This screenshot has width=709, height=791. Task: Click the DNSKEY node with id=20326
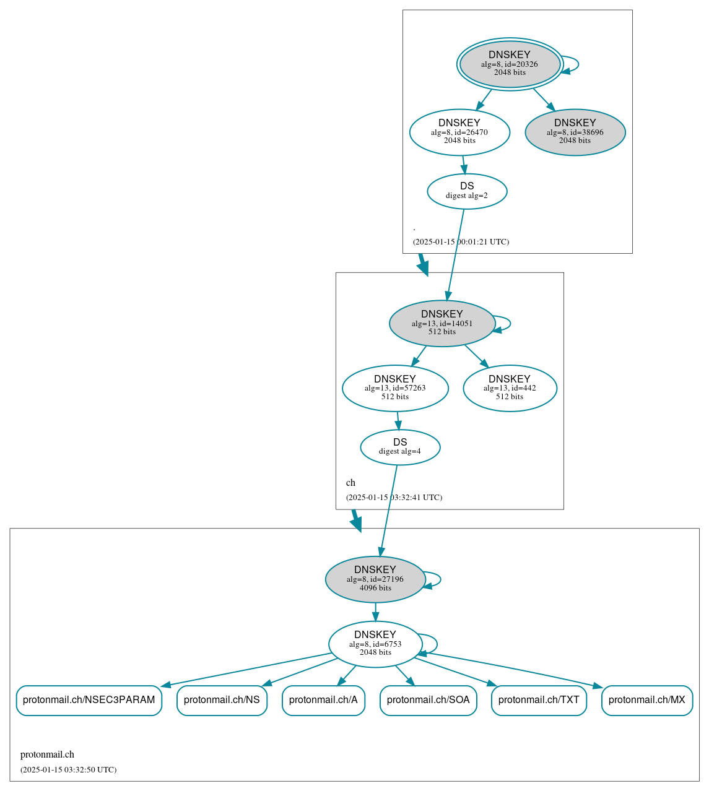pyautogui.click(x=510, y=64)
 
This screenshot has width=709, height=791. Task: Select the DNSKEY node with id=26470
pyautogui.click(x=459, y=132)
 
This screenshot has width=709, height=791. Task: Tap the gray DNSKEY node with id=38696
pyautogui.click(x=575, y=132)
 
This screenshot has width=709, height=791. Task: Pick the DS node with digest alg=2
pyautogui.click(x=467, y=191)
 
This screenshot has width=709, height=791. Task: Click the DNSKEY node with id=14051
pyautogui.click(x=441, y=323)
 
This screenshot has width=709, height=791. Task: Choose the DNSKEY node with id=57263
pyautogui.click(x=395, y=388)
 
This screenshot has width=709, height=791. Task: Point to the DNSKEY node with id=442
pyautogui.click(x=510, y=388)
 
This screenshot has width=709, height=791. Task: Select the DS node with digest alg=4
pyautogui.click(x=400, y=447)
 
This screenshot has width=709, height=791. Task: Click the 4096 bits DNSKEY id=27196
pyautogui.click(x=375, y=579)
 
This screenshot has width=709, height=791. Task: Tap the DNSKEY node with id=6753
pyautogui.click(x=375, y=644)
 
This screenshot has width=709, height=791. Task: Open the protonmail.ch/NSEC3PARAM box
pyautogui.click(x=89, y=700)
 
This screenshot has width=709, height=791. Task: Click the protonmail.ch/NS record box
pyautogui.click(x=222, y=700)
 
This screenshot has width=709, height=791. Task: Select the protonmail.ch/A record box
pyautogui.click(x=323, y=700)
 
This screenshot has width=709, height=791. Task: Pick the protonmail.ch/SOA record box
pyautogui.click(x=428, y=700)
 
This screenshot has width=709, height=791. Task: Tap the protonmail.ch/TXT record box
pyautogui.click(x=539, y=700)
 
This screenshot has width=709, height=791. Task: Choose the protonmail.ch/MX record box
pyautogui.click(x=646, y=700)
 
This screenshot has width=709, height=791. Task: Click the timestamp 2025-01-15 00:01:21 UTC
pyautogui.click(x=461, y=242)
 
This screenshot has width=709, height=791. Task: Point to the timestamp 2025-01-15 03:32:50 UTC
pyautogui.click(x=68, y=770)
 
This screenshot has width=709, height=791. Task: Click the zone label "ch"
pyautogui.click(x=350, y=483)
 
